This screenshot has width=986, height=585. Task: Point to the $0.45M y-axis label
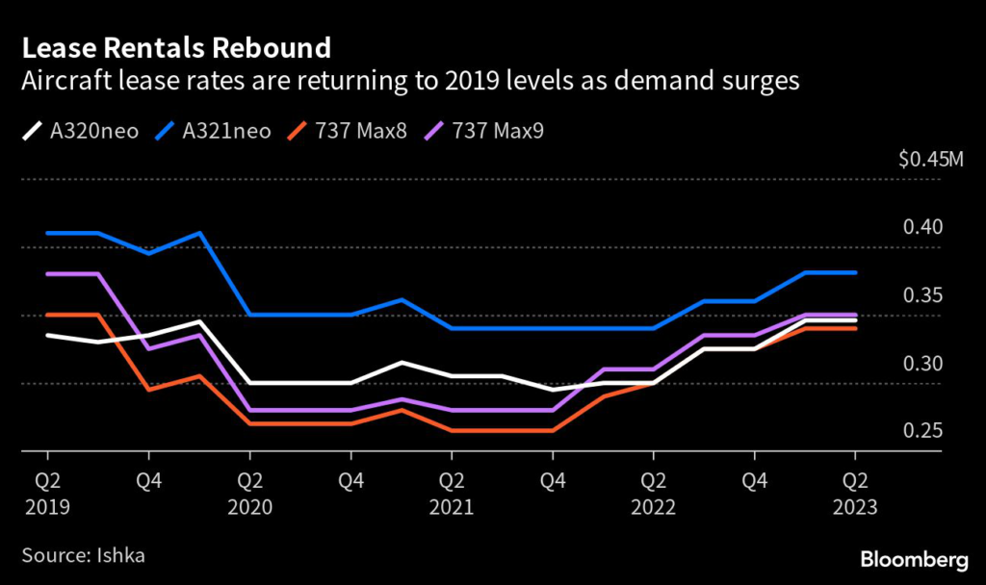coord(929,160)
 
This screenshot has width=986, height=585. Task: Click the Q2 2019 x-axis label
coord(47,490)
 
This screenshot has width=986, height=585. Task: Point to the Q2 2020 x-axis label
coord(249,490)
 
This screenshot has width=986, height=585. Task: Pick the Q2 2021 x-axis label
coord(452,490)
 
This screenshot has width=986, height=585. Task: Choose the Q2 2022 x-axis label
coord(654,490)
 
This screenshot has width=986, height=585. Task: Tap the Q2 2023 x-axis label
coord(855,490)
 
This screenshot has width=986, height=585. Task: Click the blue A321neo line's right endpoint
coord(855,273)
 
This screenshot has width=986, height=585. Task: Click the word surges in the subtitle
coord(762,82)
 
